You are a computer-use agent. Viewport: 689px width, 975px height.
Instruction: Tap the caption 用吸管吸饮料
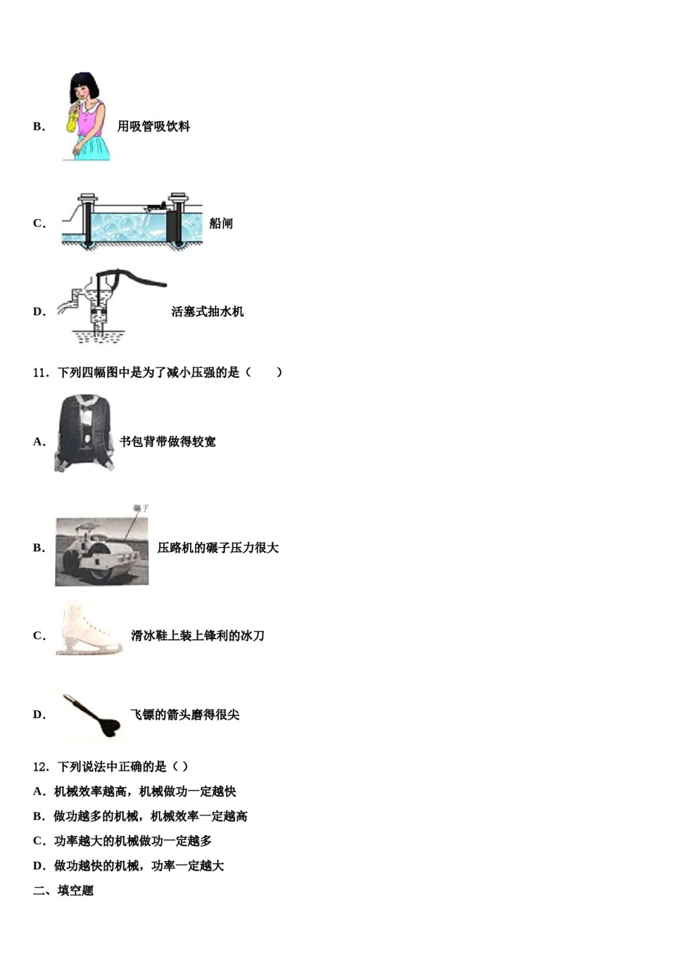[x=154, y=126]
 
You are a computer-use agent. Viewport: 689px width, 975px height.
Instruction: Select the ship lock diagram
[x=131, y=221]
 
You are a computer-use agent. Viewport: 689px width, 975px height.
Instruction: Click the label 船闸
[x=221, y=223]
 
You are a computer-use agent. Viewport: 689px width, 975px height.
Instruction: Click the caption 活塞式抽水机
[x=207, y=312]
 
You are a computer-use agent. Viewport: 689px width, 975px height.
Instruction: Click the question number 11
[x=41, y=373]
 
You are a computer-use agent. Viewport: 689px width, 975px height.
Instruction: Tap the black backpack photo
[x=84, y=433]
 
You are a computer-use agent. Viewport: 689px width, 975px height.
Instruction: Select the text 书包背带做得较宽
[x=168, y=442]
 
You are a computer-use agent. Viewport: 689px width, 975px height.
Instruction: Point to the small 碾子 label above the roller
[x=141, y=509]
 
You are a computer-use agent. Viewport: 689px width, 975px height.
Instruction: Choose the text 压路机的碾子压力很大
[x=218, y=548]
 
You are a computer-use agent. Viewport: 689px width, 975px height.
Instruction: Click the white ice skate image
[x=88, y=629]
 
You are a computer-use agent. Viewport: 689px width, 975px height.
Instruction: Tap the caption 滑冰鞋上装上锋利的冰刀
[x=197, y=636]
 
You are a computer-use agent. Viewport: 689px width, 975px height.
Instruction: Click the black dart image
[x=91, y=715]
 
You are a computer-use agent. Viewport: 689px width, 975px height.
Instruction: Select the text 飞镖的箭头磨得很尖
[x=185, y=715]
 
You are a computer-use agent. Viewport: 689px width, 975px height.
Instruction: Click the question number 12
[x=41, y=767]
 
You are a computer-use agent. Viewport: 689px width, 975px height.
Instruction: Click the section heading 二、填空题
[x=64, y=891]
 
